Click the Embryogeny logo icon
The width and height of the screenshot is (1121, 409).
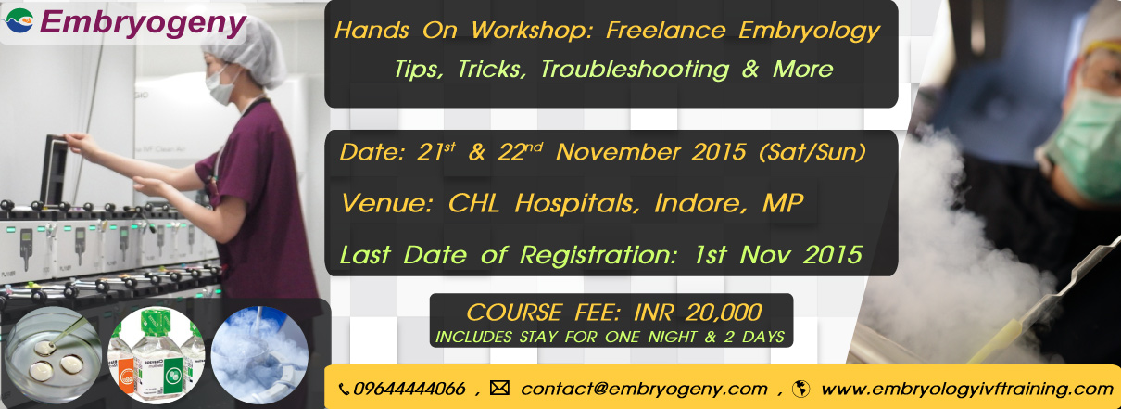click(19, 21)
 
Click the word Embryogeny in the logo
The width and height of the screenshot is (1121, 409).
click(143, 23)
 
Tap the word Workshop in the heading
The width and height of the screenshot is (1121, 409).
click(532, 30)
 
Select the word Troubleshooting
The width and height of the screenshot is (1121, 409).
click(635, 70)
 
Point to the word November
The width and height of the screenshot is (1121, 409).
click(618, 152)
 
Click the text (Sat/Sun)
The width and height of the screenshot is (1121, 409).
click(812, 152)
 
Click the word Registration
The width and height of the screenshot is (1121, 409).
click(598, 255)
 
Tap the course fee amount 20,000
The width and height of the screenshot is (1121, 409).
click(724, 313)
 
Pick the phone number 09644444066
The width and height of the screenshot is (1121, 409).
click(409, 389)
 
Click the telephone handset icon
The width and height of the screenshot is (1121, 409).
click(345, 389)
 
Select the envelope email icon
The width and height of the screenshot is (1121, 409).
click(499, 388)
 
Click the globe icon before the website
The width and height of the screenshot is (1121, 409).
click(800, 389)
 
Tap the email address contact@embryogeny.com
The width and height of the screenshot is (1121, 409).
click(644, 389)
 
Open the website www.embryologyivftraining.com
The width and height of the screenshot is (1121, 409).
click(967, 389)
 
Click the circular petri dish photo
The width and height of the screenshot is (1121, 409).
click(54, 355)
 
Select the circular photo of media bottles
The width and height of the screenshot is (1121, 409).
click(157, 355)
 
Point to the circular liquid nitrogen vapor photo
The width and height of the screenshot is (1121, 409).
click(259, 355)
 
